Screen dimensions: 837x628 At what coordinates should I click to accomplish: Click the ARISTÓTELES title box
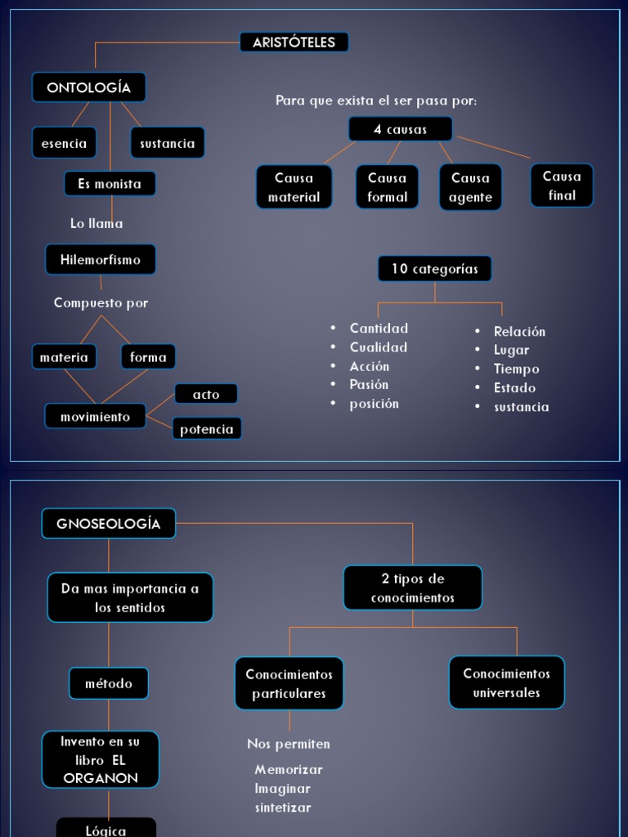click(294, 43)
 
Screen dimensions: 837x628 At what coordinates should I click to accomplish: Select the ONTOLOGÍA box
click(88, 87)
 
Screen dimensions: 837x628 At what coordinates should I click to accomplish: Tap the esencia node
click(64, 143)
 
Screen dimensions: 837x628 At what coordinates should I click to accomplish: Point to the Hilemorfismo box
click(101, 260)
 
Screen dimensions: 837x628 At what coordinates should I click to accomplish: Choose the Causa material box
click(294, 187)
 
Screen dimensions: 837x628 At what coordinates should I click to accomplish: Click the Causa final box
click(562, 186)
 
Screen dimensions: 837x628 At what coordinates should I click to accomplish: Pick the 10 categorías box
click(434, 268)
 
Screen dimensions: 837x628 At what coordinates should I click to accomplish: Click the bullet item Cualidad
click(379, 347)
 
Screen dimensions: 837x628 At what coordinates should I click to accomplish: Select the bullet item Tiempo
click(516, 369)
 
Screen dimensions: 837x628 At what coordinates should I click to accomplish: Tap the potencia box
click(207, 429)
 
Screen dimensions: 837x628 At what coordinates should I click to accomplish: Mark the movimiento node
click(95, 417)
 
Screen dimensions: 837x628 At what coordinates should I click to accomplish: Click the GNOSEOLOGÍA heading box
click(109, 524)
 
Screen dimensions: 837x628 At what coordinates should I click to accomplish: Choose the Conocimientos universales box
click(506, 683)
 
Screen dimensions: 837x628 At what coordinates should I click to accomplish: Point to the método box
click(109, 683)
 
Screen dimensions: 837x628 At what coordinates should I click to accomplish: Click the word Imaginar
click(283, 789)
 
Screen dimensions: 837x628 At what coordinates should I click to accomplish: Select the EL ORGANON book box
click(101, 760)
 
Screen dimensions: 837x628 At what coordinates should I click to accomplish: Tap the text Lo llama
click(96, 223)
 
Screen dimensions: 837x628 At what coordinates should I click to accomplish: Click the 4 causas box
click(400, 129)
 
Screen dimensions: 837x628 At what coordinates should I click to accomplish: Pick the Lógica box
click(106, 829)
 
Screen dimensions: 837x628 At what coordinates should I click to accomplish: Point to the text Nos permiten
click(289, 745)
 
